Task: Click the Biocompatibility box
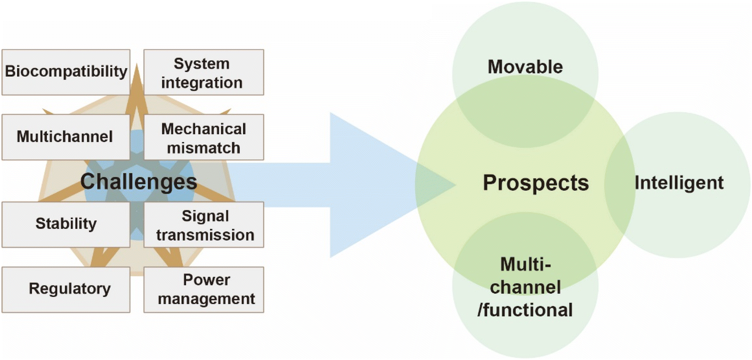[66, 72]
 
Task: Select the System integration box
[204, 72]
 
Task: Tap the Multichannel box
[66, 137]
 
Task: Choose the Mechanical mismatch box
[204, 137]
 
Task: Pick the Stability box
[66, 224]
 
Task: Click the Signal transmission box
[204, 224]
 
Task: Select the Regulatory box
[66, 289]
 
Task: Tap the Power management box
[204, 289]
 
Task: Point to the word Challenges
[138, 182]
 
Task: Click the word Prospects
[536, 183]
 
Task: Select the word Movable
[525, 66]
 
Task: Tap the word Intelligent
[679, 183]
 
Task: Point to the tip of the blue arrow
[455, 184]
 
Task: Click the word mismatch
[203, 148]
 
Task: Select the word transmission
[205, 235]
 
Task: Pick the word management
[206, 298]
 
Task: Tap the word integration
[202, 83]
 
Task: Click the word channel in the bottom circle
[525, 287]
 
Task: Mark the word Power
[206, 280]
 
